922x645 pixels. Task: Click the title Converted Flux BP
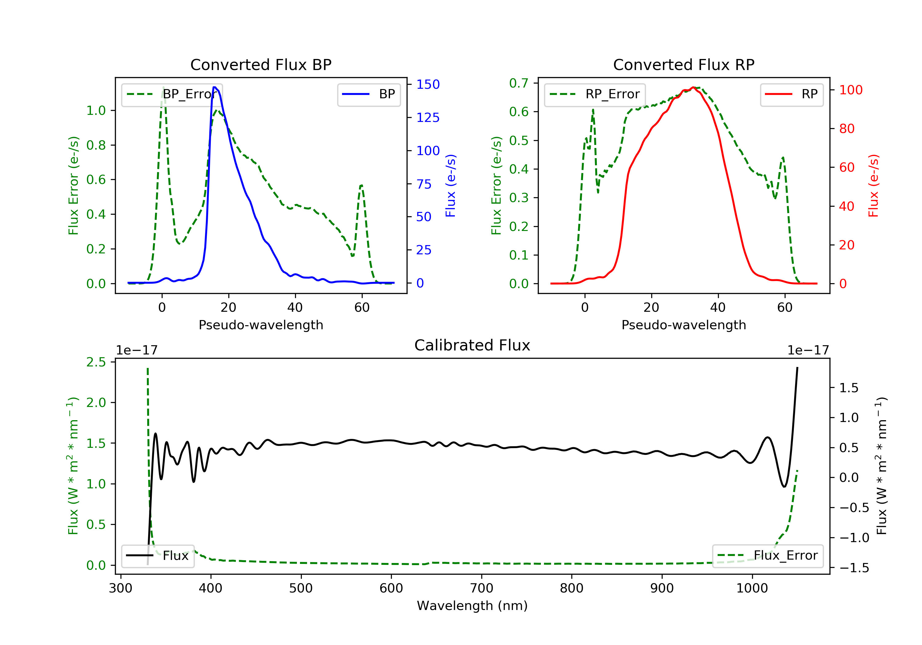click(x=261, y=64)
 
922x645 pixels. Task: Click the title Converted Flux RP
click(x=684, y=64)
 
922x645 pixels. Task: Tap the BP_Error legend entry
click(x=172, y=94)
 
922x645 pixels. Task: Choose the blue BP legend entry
click(x=368, y=94)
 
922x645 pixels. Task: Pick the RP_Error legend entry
click(x=595, y=94)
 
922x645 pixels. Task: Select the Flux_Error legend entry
click(x=767, y=556)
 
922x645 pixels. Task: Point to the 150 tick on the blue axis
click(x=428, y=84)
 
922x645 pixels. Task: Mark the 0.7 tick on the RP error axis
click(x=518, y=83)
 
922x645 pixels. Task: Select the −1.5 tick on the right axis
click(x=854, y=568)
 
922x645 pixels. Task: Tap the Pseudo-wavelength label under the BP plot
click(x=261, y=325)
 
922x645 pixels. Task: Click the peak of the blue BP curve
click(x=215, y=87)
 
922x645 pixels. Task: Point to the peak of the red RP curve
click(x=693, y=88)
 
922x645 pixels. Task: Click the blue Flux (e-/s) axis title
click(x=451, y=186)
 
